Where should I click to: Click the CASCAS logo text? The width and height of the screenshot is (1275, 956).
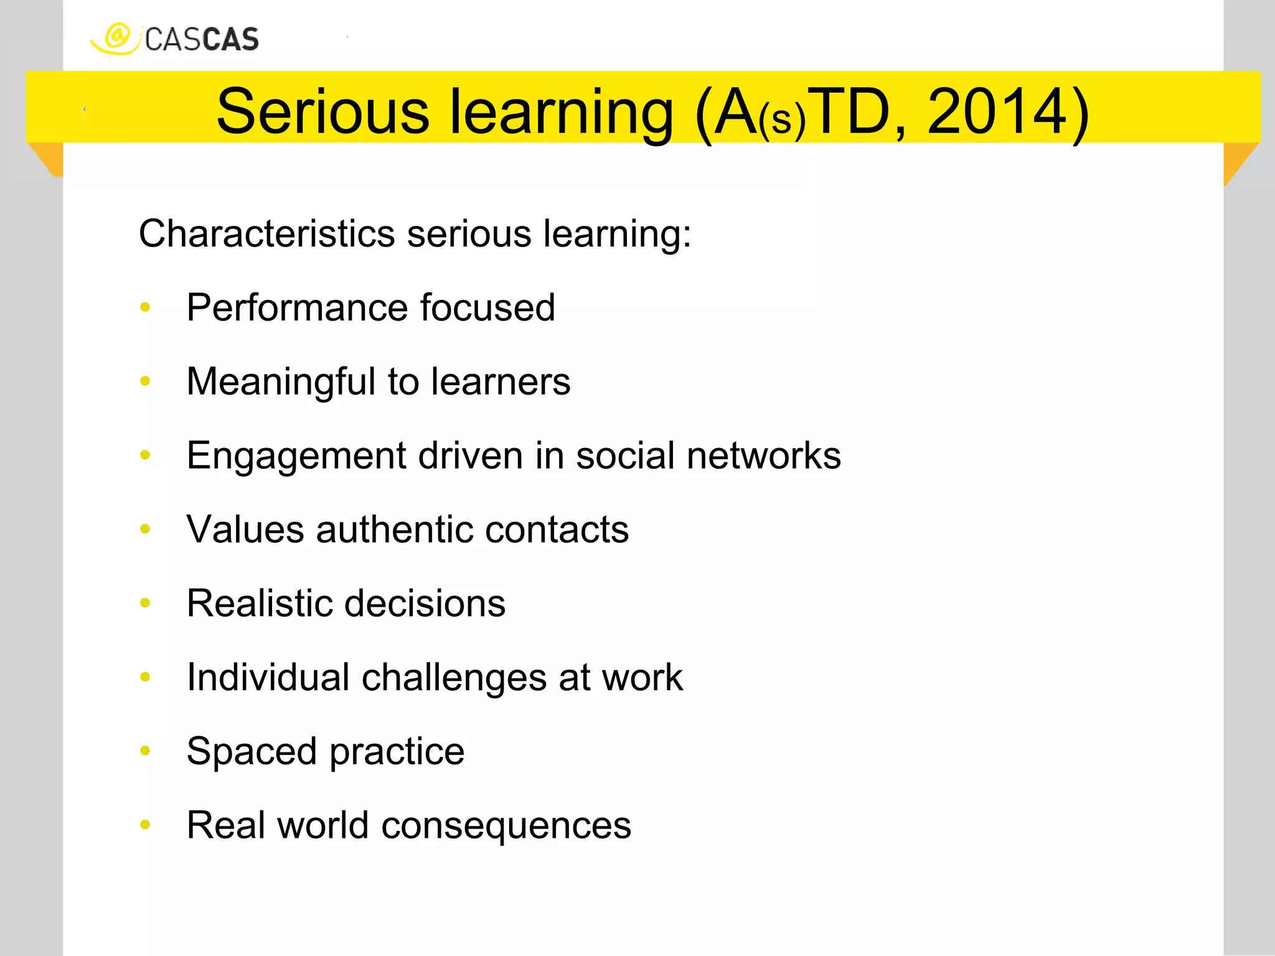pyautogui.click(x=202, y=40)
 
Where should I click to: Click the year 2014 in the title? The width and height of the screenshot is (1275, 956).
pyautogui.click(x=997, y=112)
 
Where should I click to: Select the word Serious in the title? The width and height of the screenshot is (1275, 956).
pyautogui.click(x=322, y=112)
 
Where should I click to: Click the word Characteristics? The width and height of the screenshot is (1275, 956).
pyautogui.click(x=267, y=234)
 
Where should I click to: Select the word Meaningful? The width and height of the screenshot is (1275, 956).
pyautogui.click(x=281, y=382)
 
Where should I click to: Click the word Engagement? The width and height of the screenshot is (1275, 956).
pyautogui.click(x=296, y=456)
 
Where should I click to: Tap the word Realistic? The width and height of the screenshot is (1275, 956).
pyautogui.click(x=260, y=603)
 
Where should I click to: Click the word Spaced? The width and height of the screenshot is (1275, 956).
pyautogui.click(x=252, y=751)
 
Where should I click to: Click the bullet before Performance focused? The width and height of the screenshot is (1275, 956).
pyautogui.click(x=146, y=307)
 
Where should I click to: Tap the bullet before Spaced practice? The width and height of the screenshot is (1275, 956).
pyautogui.click(x=146, y=751)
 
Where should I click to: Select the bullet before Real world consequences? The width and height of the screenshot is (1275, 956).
pyautogui.click(x=146, y=825)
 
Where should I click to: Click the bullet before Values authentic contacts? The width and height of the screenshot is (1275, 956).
pyautogui.click(x=146, y=529)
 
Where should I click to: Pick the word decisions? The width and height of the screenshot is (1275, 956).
pyautogui.click(x=425, y=603)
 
